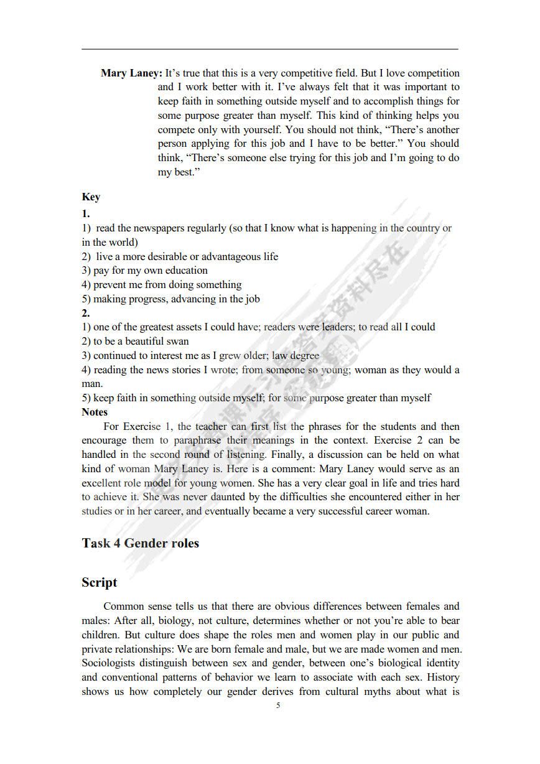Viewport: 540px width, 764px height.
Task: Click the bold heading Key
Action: point(91,197)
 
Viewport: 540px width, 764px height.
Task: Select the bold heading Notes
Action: point(95,412)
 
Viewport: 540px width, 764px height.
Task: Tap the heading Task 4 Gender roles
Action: point(140,543)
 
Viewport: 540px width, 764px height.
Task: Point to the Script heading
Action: point(100,583)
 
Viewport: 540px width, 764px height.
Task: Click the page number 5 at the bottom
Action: point(278,706)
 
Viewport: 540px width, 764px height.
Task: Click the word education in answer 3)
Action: point(185,271)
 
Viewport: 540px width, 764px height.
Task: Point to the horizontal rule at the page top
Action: point(270,49)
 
